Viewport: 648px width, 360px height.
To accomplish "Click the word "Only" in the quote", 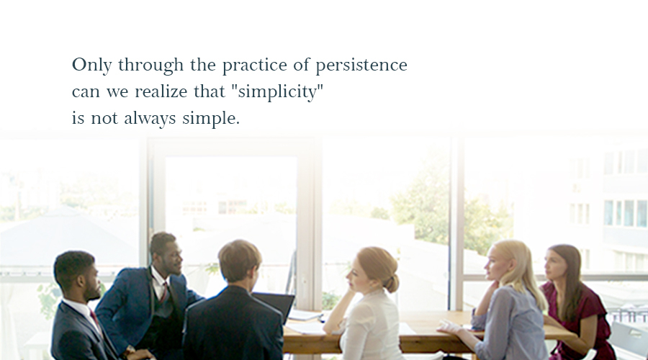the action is (91, 65).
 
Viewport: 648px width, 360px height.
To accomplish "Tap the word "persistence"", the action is (361, 65).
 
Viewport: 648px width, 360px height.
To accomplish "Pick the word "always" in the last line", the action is (150, 118).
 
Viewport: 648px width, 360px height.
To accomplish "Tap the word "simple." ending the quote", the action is (211, 118).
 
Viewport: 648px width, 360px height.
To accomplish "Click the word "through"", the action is (151, 65).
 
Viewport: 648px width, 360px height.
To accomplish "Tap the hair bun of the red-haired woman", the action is (392, 283).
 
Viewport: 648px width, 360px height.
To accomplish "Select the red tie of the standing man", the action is (164, 292).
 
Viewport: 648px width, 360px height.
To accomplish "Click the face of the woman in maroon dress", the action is (552, 265).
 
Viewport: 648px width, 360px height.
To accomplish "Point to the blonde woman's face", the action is (494, 264).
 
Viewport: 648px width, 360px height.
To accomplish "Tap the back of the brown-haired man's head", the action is (238, 261).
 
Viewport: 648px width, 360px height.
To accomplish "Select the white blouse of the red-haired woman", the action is (371, 325).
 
